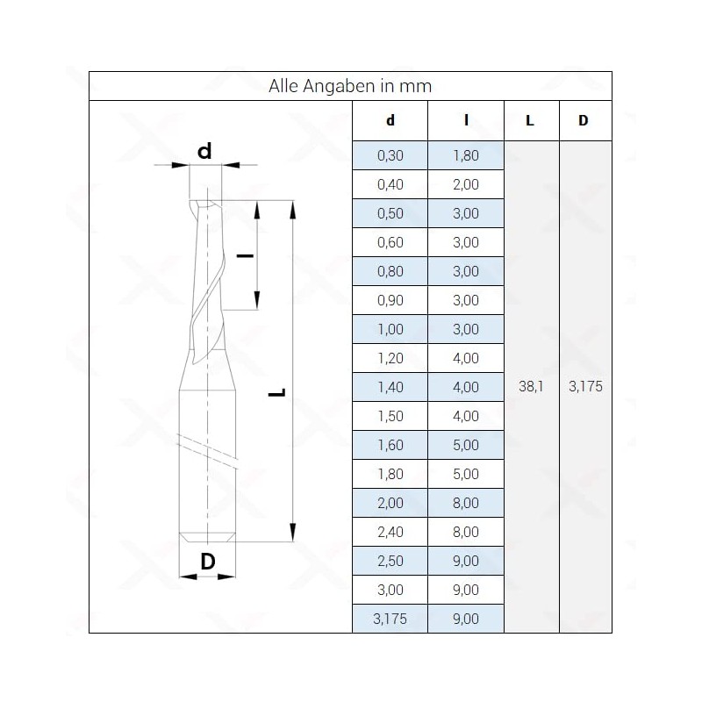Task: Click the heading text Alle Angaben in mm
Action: click(x=350, y=86)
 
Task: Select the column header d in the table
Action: click(x=390, y=120)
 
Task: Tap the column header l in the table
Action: click(x=466, y=120)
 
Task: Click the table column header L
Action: click(x=530, y=120)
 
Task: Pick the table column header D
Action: click(x=583, y=120)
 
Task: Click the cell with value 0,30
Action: click(x=390, y=155)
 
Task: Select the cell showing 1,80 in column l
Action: click(x=466, y=155)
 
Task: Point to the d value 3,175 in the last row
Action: click(x=390, y=619)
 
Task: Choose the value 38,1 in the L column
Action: click(x=531, y=386)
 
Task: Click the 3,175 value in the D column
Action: click(x=585, y=386)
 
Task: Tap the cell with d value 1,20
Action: click(x=390, y=358)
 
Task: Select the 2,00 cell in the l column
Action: click(x=466, y=184)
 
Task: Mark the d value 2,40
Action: click(x=390, y=532)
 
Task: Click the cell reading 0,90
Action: click(x=390, y=300)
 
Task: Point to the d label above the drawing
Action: click(x=204, y=151)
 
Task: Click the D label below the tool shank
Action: click(x=208, y=561)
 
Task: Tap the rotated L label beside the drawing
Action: click(x=277, y=392)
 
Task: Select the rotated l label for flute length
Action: click(x=245, y=255)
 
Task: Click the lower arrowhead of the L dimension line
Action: click(x=293, y=533)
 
